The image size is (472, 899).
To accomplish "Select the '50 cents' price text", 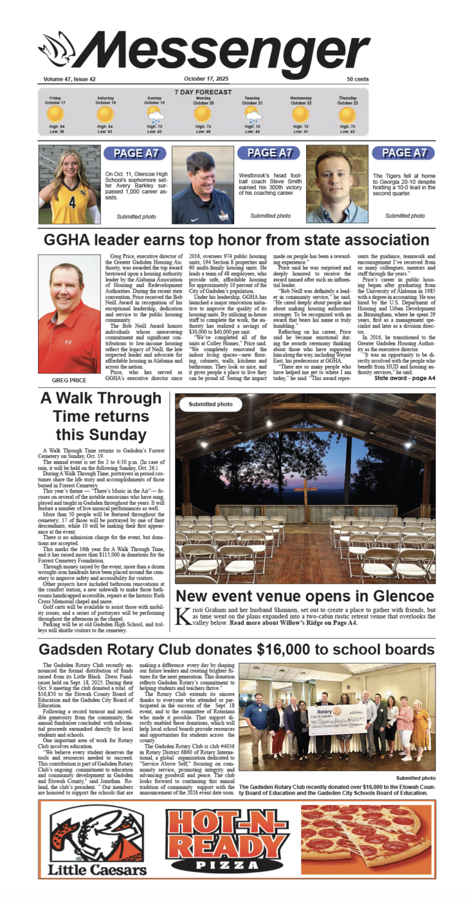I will click(357, 79).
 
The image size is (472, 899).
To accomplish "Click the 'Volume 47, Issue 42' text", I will click(69, 79).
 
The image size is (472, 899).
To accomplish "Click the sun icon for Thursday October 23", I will click(347, 115).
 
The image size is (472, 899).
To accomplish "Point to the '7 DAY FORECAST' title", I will click(203, 92).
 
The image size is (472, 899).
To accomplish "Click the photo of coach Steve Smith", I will click(202, 184).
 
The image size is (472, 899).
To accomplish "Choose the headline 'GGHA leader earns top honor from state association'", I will click(236, 240).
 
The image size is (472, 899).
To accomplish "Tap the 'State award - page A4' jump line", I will click(404, 378).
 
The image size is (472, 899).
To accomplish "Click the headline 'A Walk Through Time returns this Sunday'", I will click(100, 416).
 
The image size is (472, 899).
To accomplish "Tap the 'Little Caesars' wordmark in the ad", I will click(97, 869).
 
